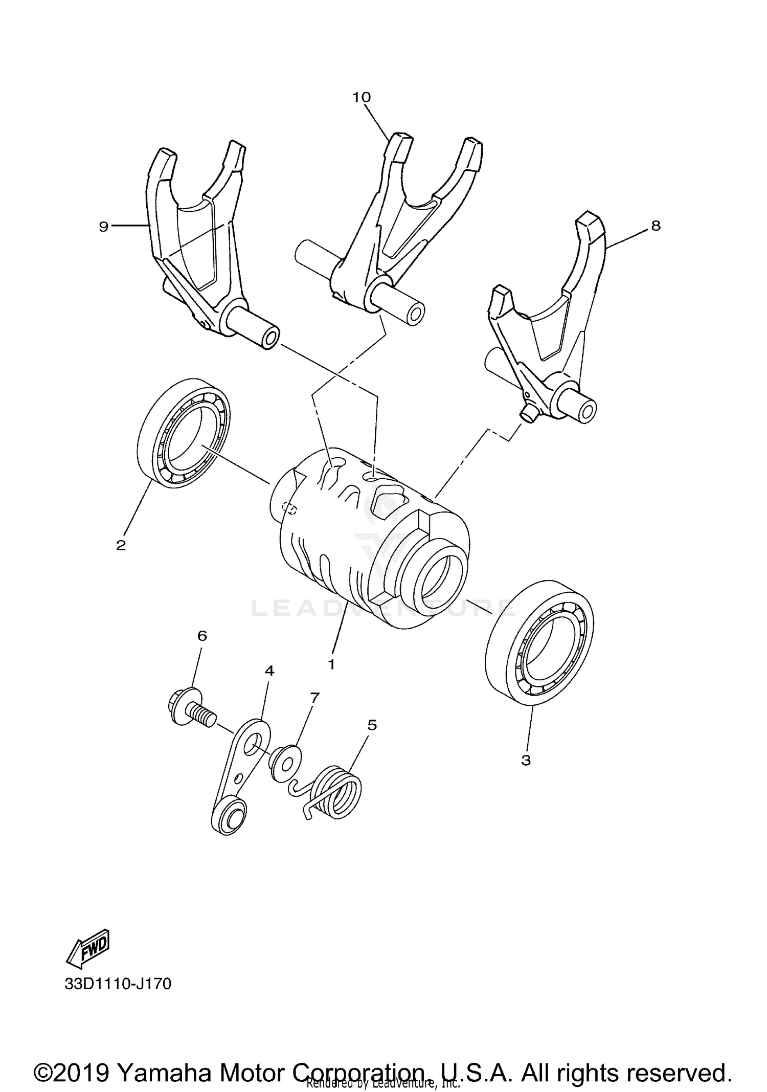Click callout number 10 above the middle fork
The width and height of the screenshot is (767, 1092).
[x=362, y=97]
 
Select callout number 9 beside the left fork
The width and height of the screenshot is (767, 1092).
[x=104, y=227]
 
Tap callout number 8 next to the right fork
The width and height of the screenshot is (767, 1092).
[x=656, y=226]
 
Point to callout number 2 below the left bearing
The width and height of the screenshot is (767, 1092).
[x=121, y=545]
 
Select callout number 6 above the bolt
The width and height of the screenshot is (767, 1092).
[x=202, y=636]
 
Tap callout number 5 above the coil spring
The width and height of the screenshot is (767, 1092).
[x=372, y=725]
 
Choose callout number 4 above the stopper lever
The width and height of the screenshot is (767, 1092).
[x=269, y=670]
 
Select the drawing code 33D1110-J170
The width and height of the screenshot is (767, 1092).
[x=118, y=984]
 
